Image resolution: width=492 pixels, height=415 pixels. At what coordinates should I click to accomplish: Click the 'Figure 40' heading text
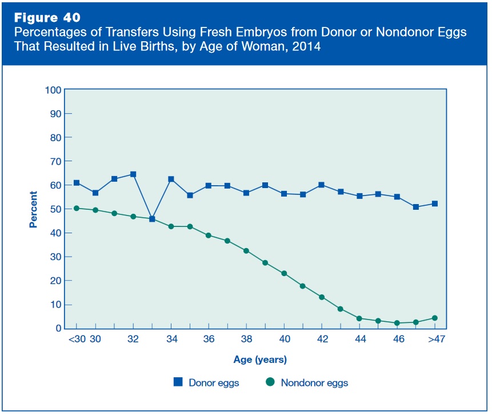(x=47, y=16)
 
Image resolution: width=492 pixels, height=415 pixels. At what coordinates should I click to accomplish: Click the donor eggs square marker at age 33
(x=152, y=219)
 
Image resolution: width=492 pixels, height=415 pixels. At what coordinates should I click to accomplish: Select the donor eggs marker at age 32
(x=133, y=174)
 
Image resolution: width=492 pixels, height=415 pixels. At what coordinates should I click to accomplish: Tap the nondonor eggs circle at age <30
(x=77, y=208)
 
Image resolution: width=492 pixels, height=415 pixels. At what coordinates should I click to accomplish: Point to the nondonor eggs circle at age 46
(x=397, y=323)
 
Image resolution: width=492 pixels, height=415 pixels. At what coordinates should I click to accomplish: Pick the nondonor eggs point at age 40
(x=284, y=273)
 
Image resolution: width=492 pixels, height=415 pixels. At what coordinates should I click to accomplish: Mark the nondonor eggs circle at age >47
(x=434, y=318)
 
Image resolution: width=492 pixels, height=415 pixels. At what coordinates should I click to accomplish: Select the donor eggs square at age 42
(x=322, y=185)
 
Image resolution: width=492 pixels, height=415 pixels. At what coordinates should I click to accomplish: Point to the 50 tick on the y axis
(x=55, y=209)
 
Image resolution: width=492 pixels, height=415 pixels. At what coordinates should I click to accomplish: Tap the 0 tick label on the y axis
(x=58, y=329)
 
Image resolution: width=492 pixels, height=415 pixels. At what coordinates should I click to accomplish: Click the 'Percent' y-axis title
(x=33, y=209)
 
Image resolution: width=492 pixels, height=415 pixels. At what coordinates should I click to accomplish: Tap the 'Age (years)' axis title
(x=260, y=360)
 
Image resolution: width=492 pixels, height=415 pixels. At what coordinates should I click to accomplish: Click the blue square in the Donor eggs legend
(x=177, y=382)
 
